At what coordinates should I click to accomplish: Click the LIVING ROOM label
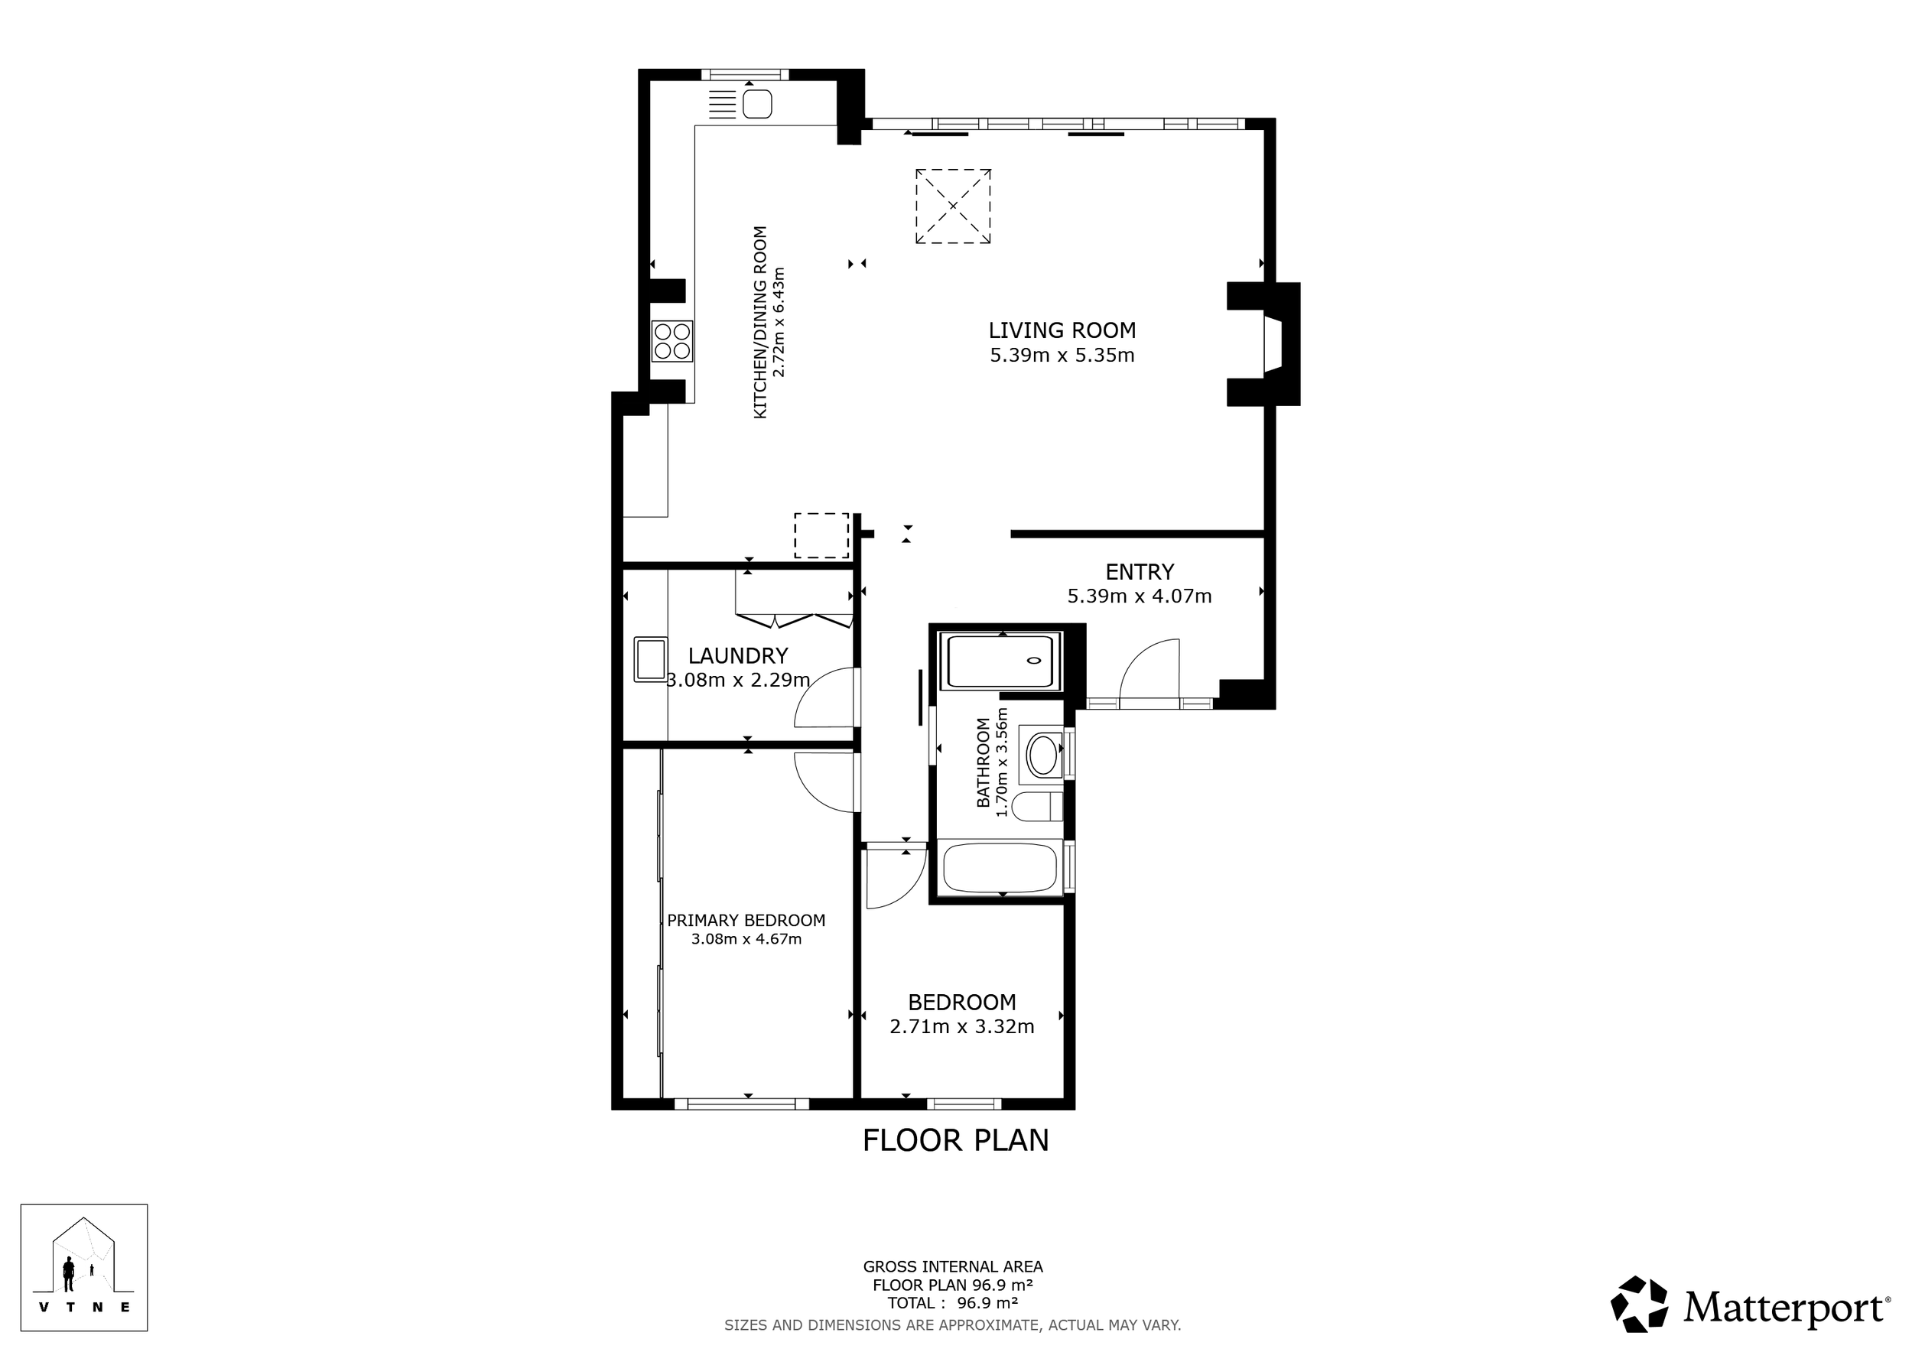1062,330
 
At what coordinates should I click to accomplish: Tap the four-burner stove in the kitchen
672,341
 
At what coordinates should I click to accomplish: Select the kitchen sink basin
757,105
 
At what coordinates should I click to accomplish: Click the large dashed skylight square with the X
954,206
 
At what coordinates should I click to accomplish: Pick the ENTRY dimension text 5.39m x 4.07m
1140,596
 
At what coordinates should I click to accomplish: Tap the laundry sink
650,659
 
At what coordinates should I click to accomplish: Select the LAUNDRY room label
738,656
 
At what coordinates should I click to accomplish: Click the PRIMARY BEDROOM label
746,920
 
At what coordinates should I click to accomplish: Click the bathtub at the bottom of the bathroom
1000,867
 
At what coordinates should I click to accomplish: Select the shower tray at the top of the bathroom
1000,661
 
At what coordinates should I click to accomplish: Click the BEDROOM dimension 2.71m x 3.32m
962,1026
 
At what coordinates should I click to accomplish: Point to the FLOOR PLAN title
956,1139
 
